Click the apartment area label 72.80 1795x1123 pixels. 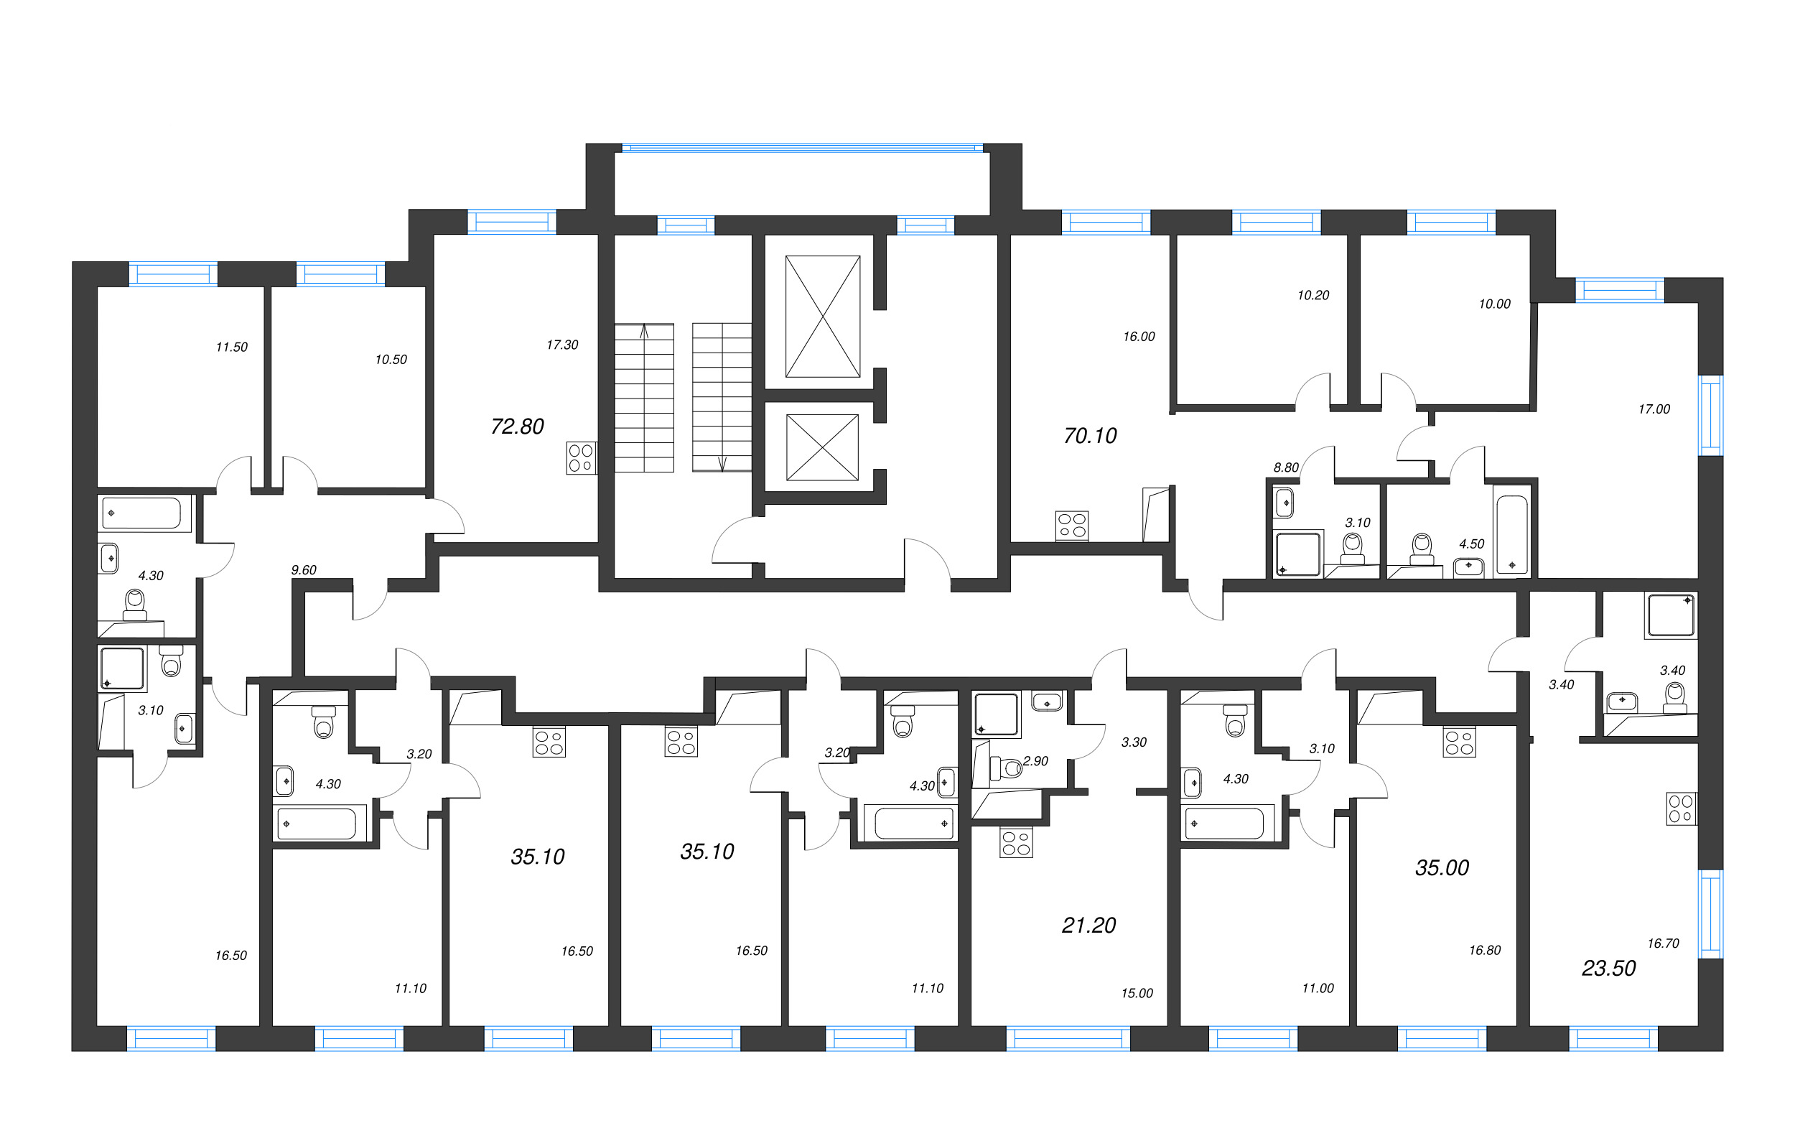pyautogui.click(x=517, y=427)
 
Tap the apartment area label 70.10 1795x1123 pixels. pyautogui.click(x=1089, y=436)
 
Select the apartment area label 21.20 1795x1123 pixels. pyautogui.click(x=1088, y=925)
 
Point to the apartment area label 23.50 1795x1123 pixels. pyautogui.click(x=1608, y=968)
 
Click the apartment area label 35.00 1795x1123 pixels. pyautogui.click(x=1441, y=867)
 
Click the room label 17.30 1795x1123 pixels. pyautogui.click(x=561, y=345)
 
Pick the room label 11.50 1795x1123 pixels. pyautogui.click(x=231, y=347)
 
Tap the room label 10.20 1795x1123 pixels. pyautogui.click(x=1313, y=295)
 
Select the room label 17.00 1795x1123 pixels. pyautogui.click(x=1653, y=409)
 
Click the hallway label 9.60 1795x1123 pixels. pyautogui.click(x=303, y=569)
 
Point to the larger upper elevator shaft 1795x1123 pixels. pyautogui.click(x=822, y=317)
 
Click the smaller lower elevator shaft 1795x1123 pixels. pyautogui.click(x=821, y=447)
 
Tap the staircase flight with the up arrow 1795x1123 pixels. pyautogui.click(x=644, y=397)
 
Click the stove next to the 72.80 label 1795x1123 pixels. pyautogui.click(x=581, y=457)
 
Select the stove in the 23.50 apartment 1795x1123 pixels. pyautogui.click(x=1682, y=809)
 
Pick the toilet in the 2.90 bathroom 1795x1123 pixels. pyautogui.click(x=1007, y=768)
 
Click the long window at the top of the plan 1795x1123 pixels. pyautogui.click(x=802, y=148)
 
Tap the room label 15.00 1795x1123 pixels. pyautogui.click(x=1137, y=993)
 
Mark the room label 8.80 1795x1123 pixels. pyautogui.click(x=1285, y=467)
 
